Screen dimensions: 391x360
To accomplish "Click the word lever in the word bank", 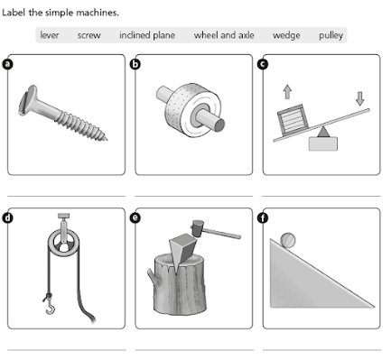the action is [x=50, y=35].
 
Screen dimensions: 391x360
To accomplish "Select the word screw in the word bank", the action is [x=89, y=35].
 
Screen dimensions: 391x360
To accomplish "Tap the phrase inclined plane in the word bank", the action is [x=147, y=35].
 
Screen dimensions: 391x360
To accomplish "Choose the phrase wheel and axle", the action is [x=224, y=35].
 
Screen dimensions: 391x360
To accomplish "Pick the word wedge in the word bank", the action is [x=286, y=35].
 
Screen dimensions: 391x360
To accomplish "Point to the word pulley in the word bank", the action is [x=330, y=35].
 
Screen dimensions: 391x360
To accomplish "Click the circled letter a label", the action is [x=7, y=64].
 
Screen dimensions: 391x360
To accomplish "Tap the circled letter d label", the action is [x=7, y=217].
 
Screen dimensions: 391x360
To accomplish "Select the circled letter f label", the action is [x=263, y=217].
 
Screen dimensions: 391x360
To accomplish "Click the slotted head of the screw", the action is [x=27, y=100].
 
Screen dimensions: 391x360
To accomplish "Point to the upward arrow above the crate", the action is [x=287, y=92].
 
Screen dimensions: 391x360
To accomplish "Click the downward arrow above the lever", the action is [x=359, y=98].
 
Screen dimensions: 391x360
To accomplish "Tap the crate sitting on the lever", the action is [x=293, y=119].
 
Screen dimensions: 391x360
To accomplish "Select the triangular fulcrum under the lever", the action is [x=323, y=132].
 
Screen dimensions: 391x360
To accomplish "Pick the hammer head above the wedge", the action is [x=198, y=228].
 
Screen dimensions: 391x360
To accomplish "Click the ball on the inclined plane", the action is [x=288, y=241].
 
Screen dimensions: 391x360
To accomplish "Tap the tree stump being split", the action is [x=179, y=284].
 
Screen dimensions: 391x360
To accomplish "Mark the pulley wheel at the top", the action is [x=63, y=243].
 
